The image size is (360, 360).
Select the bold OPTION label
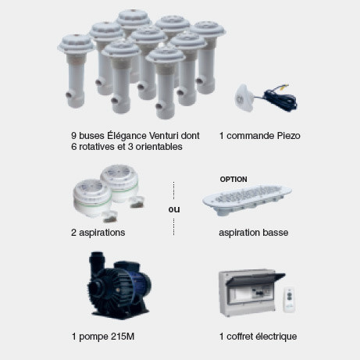click(x=233, y=180)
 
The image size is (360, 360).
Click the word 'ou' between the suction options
click(x=174, y=209)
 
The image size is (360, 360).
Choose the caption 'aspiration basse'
click(x=254, y=233)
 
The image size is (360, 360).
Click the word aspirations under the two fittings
click(x=102, y=233)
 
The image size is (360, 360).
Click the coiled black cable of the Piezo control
click(x=280, y=99)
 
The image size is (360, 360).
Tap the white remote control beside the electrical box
click(x=289, y=299)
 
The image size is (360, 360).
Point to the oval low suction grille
click(x=247, y=199)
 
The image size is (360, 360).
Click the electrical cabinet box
click(x=251, y=293)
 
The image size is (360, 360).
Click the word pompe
click(x=94, y=337)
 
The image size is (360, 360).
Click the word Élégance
click(x=127, y=136)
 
